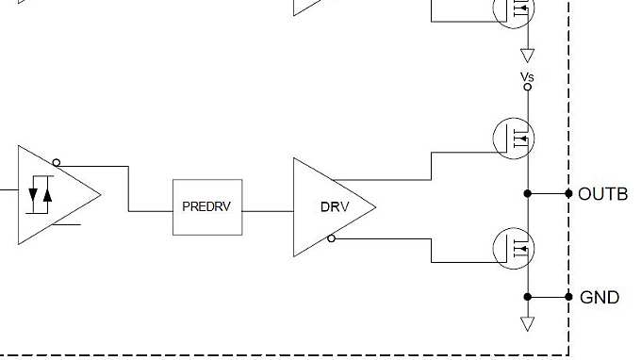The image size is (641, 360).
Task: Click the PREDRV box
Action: click(207, 206)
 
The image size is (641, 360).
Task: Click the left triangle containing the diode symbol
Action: click(52, 195)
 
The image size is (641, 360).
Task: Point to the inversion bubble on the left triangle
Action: click(57, 163)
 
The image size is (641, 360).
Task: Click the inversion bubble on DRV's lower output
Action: click(331, 238)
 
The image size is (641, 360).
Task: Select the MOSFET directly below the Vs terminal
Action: click(514, 138)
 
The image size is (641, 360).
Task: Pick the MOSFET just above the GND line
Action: click(514, 248)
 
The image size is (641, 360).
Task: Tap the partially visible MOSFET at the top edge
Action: click(514, 11)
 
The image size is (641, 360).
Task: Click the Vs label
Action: click(527, 75)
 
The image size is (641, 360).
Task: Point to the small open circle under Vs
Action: click(528, 87)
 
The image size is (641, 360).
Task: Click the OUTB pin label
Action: click(602, 193)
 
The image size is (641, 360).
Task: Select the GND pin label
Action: click(600, 297)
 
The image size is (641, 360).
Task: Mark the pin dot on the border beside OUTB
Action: click(568, 193)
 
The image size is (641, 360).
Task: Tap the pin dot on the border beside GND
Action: click(568, 297)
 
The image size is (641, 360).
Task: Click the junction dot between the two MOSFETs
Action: click(528, 193)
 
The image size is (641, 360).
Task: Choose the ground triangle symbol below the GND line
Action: click(528, 323)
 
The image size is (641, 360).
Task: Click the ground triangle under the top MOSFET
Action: click(528, 54)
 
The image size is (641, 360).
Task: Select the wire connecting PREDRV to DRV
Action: click(269, 210)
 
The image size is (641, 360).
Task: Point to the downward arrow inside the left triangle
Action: click(35, 195)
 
